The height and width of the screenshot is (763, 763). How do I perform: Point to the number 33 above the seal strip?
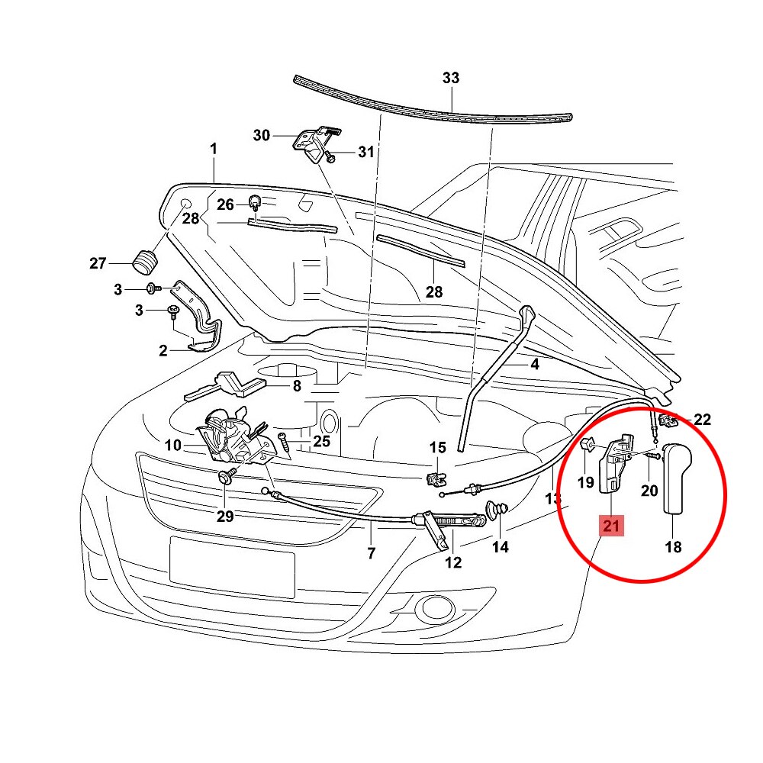click(x=452, y=79)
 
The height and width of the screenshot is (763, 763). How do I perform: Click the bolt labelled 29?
click(x=227, y=478)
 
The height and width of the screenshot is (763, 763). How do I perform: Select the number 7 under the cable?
click(x=372, y=553)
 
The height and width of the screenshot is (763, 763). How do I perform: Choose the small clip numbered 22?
click(x=669, y=420)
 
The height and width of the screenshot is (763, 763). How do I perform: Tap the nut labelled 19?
click(x=588, y=445)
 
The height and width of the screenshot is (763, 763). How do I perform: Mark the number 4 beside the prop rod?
click(x=535, y=365)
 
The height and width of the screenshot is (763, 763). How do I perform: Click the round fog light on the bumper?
click(x=437, y=608)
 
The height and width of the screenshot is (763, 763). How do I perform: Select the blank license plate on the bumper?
click(x=232, y=566)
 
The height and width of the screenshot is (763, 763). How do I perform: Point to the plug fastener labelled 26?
click(x=254, y=202)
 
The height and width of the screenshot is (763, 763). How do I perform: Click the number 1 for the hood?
click(x=214, y=148)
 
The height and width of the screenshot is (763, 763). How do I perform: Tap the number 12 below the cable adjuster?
click(x=453, y=563)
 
